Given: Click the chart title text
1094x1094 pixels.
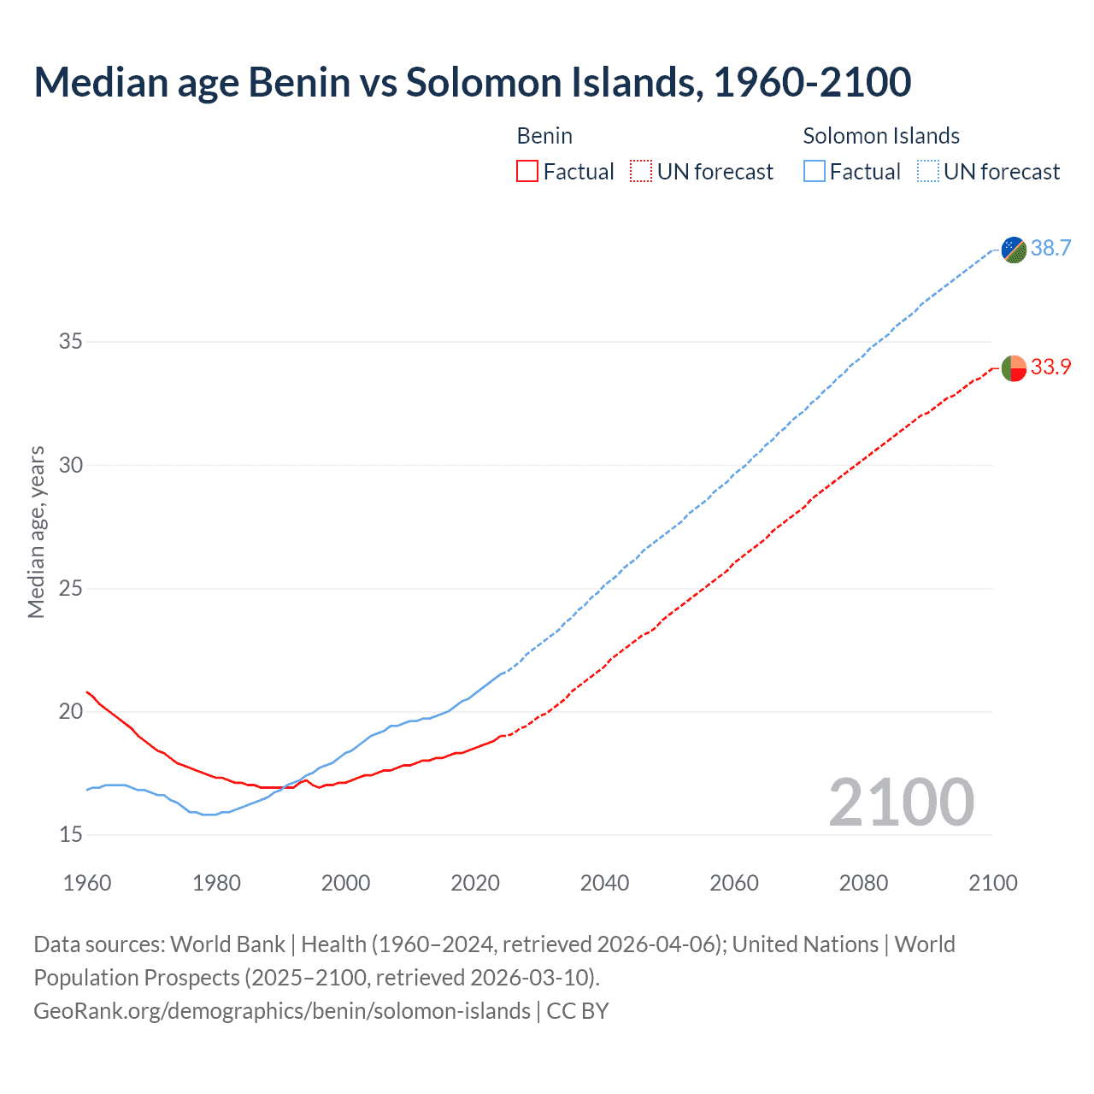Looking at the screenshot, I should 473,82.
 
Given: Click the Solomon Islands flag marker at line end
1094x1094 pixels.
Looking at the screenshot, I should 1014,250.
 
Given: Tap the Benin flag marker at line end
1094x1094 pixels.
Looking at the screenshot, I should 1014,368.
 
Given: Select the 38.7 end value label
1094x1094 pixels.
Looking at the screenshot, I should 1050,249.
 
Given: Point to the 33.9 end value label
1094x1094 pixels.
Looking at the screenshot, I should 1050,368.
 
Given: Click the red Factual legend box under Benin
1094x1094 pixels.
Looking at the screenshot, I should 527,172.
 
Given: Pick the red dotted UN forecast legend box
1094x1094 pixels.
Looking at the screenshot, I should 641,172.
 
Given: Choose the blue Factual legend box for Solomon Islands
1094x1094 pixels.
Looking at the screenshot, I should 815,172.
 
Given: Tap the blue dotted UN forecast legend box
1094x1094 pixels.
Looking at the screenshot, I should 927,172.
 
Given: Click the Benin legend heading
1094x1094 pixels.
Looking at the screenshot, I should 544,136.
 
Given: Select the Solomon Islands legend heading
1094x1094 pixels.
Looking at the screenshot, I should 881,136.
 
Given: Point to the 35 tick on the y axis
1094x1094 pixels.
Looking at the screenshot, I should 71,342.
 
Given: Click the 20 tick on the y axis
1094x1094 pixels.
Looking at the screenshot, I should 71,712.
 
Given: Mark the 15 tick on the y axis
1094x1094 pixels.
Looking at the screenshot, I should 71,835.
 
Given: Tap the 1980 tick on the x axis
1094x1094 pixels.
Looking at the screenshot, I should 216,883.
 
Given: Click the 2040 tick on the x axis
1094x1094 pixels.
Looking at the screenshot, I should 604,883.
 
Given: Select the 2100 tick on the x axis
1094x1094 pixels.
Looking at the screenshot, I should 992,883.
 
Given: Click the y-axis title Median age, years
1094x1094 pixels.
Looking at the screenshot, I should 36,532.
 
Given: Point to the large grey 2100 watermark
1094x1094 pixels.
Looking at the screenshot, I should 901,803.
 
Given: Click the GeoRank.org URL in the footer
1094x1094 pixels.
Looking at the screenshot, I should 282,1011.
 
